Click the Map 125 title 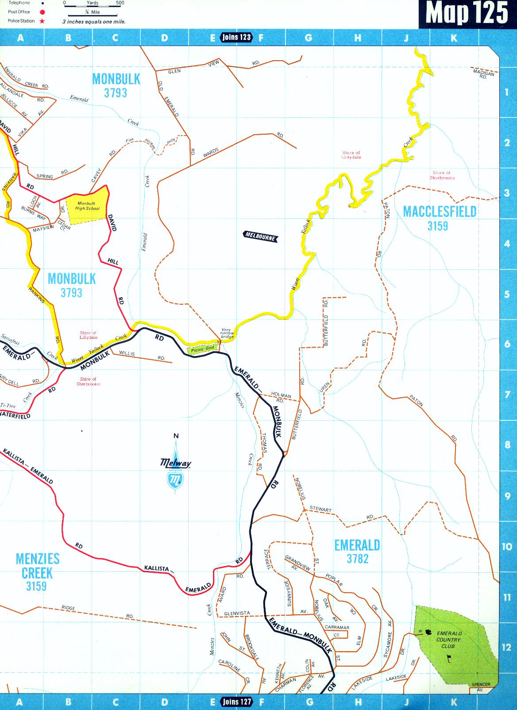click(467, 13)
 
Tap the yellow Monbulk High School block click(87, 205)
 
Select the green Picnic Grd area click(203, 349)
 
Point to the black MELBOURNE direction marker click(261, 237)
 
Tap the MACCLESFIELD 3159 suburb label click(439, 218)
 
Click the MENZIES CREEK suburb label click(37, 572)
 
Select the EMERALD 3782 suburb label click(357, 551)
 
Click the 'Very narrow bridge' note click(227, 333)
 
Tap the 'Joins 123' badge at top click(236, 37)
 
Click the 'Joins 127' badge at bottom click(237, 702)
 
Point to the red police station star click(42, 21)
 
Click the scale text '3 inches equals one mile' click(94, 21)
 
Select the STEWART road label click(320, 510)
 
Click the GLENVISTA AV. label click(237, 613)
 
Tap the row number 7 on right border click(507, 395)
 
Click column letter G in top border click(309, 38)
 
